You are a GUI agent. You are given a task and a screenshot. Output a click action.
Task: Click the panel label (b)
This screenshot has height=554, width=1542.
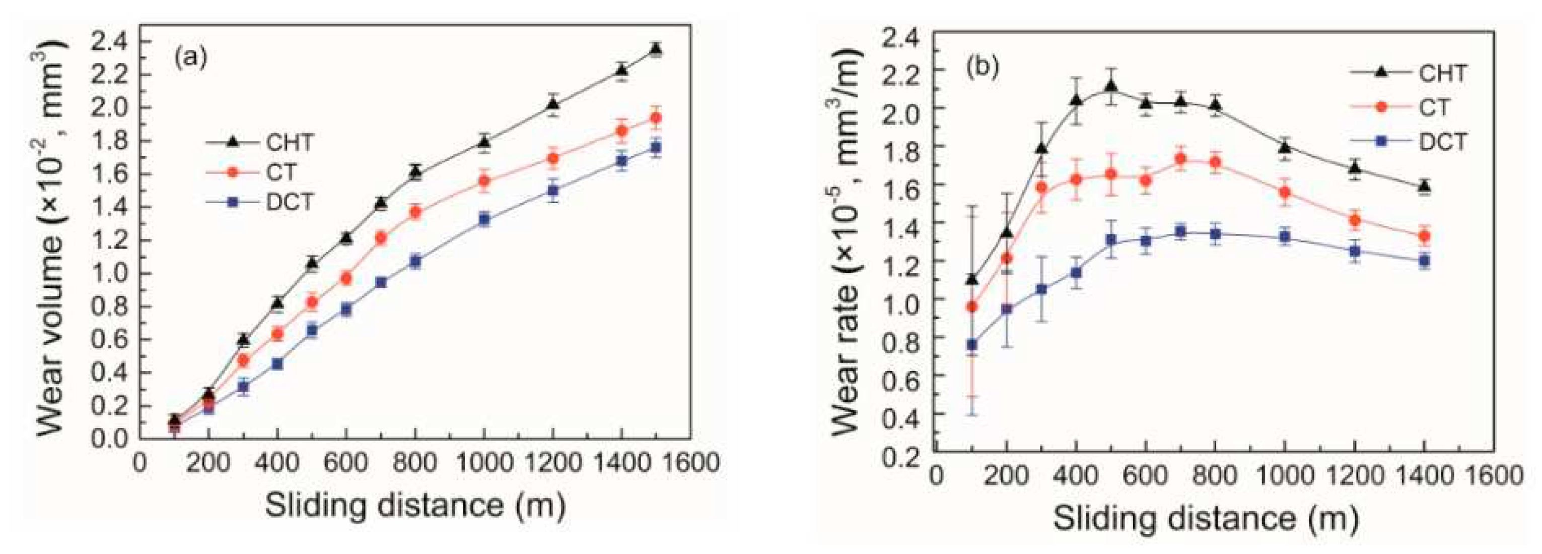983,67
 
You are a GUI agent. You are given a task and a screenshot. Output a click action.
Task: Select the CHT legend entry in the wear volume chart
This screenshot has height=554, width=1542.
290,143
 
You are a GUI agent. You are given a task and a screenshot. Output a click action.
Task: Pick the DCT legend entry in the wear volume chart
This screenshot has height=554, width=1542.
290,203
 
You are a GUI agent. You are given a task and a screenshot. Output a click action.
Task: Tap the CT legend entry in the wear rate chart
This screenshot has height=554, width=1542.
1434,108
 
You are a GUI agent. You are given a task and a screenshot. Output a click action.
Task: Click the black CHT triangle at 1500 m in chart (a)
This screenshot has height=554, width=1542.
656,49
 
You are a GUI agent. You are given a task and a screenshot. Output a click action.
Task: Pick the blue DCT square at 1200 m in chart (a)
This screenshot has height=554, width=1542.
553,192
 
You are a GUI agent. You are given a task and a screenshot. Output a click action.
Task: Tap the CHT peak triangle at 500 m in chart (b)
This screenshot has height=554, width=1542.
1111,87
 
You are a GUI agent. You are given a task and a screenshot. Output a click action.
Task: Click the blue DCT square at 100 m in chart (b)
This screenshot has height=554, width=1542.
972,344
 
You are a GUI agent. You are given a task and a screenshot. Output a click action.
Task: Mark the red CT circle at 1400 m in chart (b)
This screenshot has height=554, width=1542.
1424,236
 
